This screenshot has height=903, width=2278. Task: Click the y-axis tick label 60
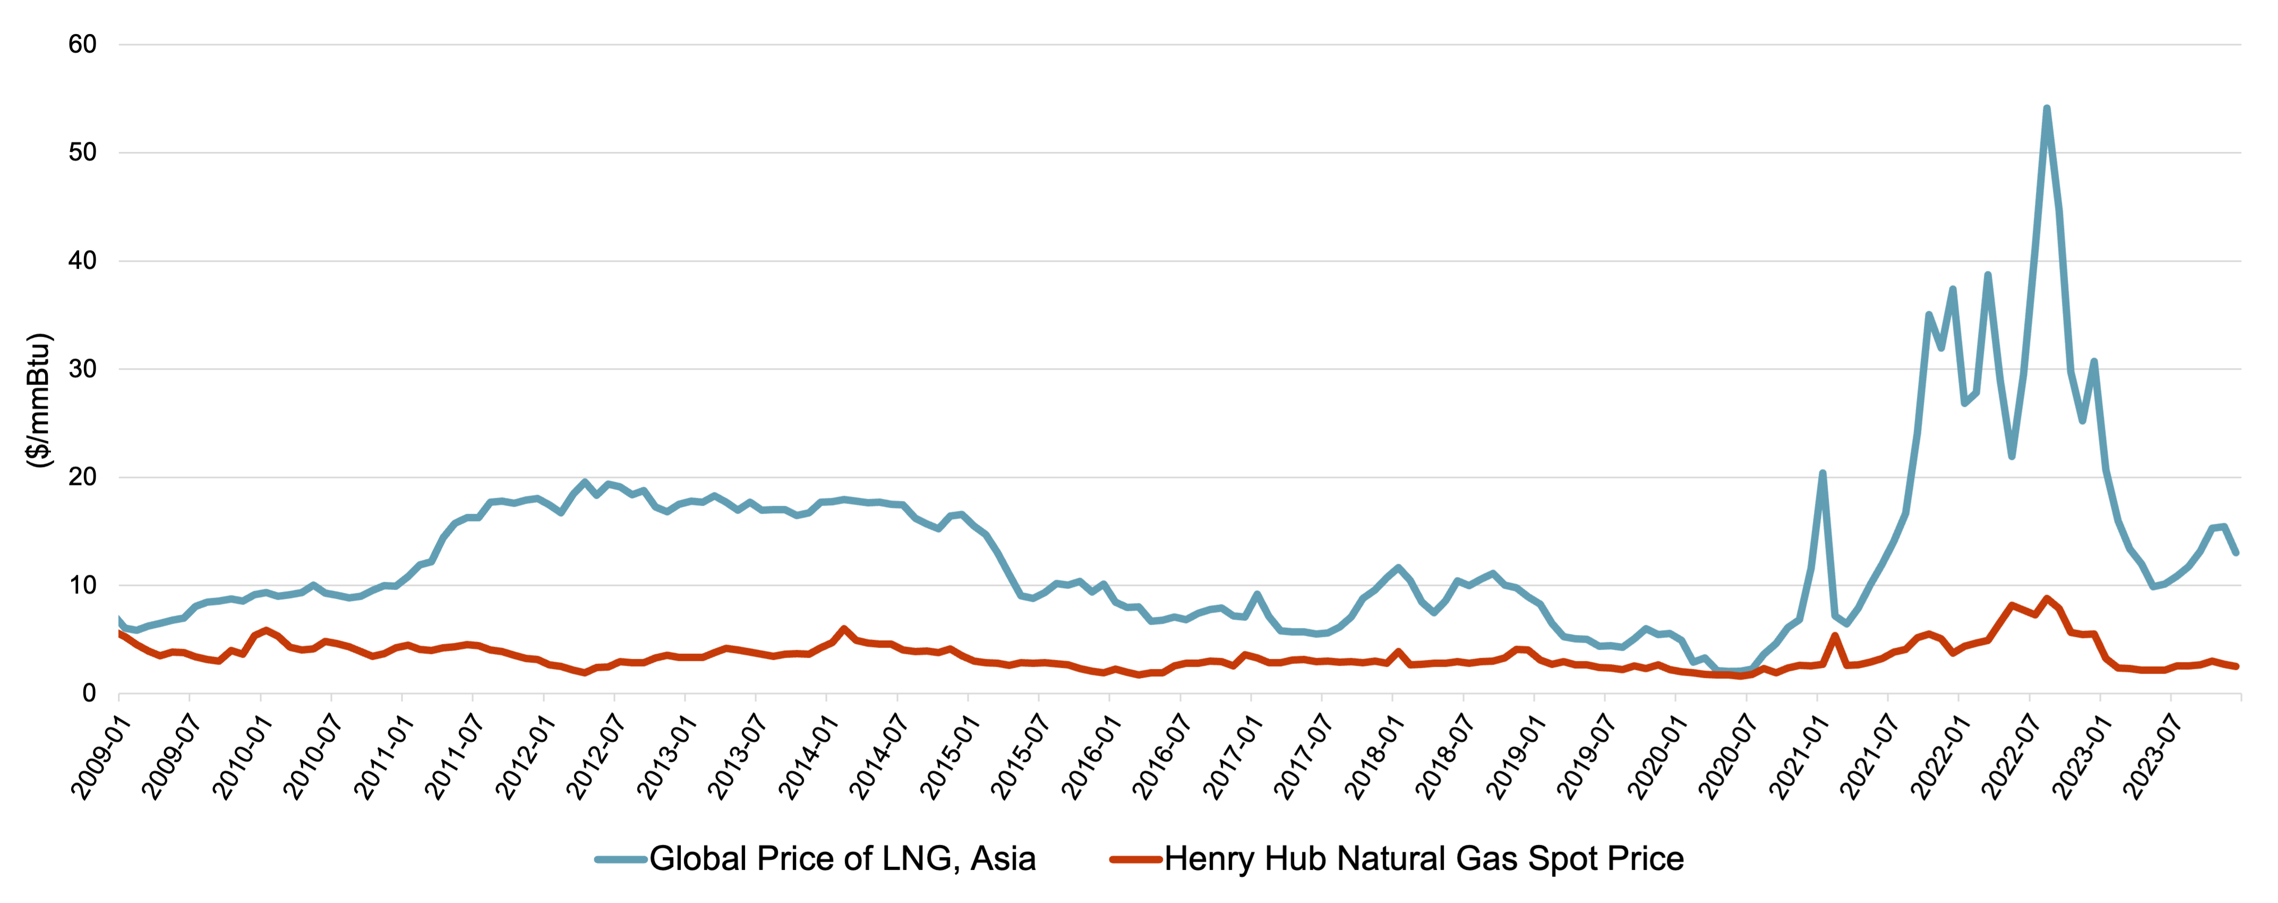82,44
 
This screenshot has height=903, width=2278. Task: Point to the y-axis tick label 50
82,152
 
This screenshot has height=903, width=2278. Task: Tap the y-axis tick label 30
82,369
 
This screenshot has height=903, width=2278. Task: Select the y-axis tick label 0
89,693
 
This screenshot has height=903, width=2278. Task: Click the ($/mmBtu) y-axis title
39,401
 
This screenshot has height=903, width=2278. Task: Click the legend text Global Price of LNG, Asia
842,858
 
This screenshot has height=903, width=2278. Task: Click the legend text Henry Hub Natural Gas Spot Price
1424,858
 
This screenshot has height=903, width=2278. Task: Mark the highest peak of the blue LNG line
2046,109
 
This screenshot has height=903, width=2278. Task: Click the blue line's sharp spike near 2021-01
1822,473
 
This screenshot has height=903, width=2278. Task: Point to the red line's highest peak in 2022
2046,599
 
